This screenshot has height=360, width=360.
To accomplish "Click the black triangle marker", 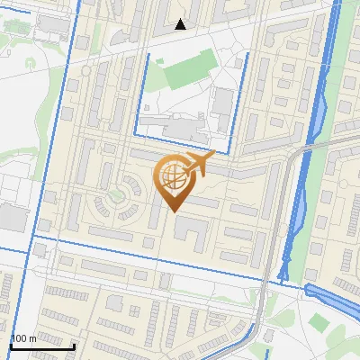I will click(181, 24).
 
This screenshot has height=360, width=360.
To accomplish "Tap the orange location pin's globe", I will click(173, 175).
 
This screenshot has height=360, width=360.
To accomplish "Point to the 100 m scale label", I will click(23, 338).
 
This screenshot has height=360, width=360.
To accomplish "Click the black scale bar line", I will click(41, 346).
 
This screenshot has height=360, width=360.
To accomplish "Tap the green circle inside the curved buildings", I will click(115, 194).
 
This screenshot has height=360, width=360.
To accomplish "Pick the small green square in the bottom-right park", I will click(317, 321).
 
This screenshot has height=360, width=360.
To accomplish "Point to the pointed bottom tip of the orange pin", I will click(173, 211).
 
